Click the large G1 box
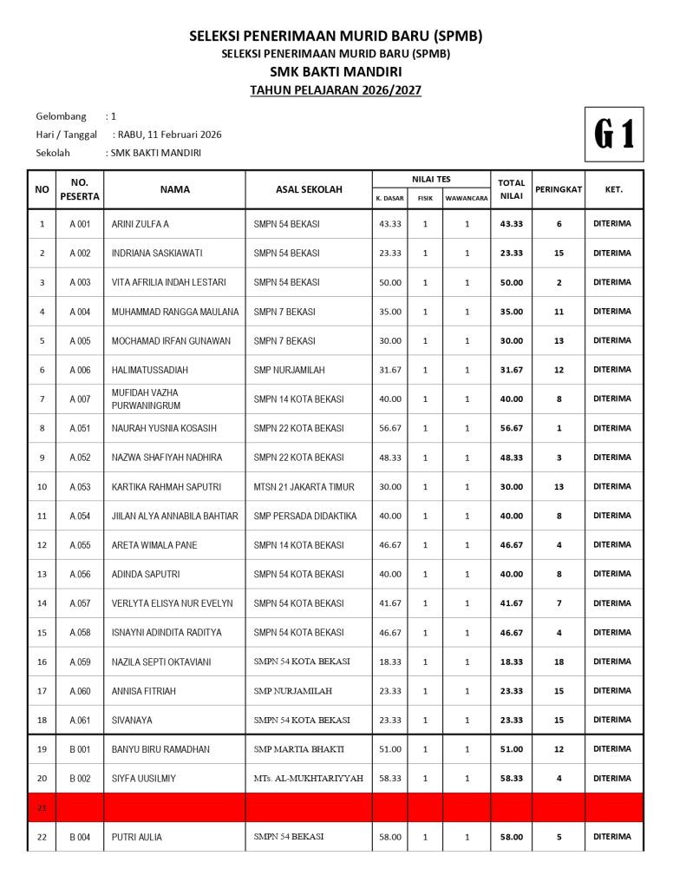click(614, 135)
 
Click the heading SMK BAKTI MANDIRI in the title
click(336, 72)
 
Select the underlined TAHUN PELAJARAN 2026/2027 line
click(336, 90)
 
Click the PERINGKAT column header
click(559, 189)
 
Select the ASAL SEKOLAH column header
click(309, 189)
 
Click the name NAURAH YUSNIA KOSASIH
click(164, 428)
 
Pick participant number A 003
click(80, 282)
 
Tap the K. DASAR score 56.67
click(390, 428)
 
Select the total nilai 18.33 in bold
click(512, 662)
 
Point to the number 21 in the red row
click(42, 807)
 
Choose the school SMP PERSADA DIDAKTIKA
click(305, 516)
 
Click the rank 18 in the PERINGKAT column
click(559, 662)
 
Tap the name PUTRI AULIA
click(137, 837)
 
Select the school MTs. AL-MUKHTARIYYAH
click(308, 779)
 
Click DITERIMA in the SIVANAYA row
click(612, 720)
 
